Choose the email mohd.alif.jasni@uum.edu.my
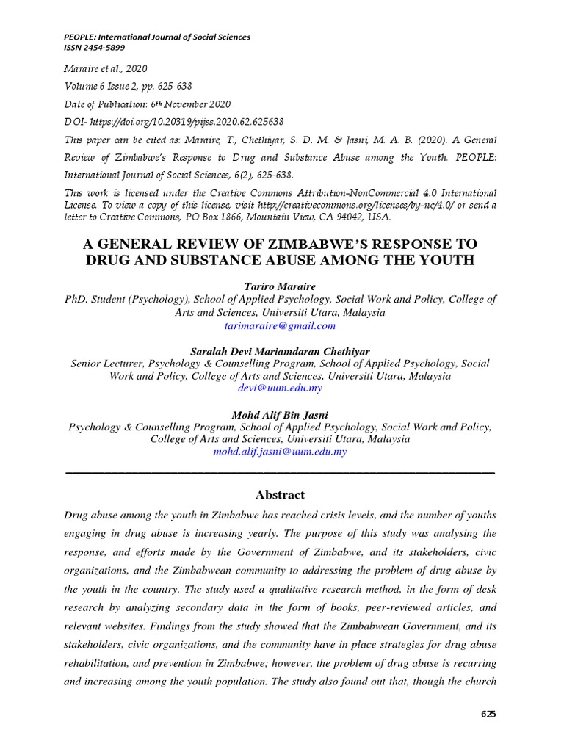click(x=280, y=452)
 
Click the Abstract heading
click(x=280, y=495)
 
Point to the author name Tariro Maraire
click(x=280, y=287)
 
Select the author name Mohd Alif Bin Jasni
click(x=280, y=414)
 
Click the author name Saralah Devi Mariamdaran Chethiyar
click(x=280, y=351)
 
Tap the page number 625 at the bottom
click(x=489, y=714)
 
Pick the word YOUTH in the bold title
click(x=450, y=260)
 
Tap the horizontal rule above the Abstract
click(x=280, y=471)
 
